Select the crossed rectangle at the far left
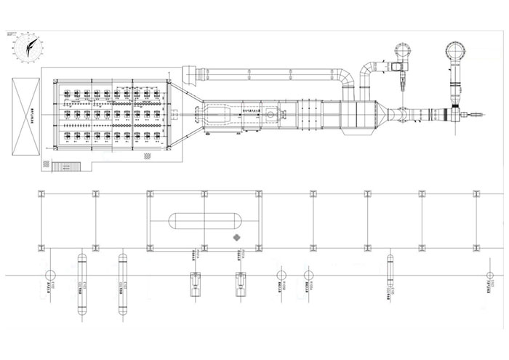point(25,115)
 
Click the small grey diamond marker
point(236,239)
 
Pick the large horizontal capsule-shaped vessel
point(204,220)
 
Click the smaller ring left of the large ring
point(402,51)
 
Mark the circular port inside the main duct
point(271,114)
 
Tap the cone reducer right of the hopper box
point(401,115)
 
